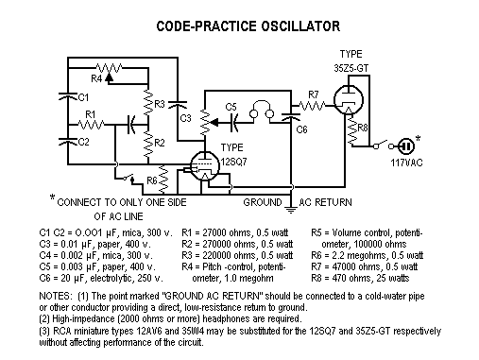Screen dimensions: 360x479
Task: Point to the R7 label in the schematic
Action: pyautogui.click(x=315, y=94)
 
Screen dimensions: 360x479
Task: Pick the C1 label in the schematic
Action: pyautogui.click(x=83, y=97)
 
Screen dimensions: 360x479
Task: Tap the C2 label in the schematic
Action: pyautogui.click(x=82, y=142)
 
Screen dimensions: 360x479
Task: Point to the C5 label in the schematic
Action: pyautogui.click(x=231, y=107)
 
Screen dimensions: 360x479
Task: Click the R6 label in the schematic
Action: pyautogui.click(x=151, y=179)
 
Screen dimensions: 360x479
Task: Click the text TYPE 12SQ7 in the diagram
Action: pyautogui.click(x=238, y=153)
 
